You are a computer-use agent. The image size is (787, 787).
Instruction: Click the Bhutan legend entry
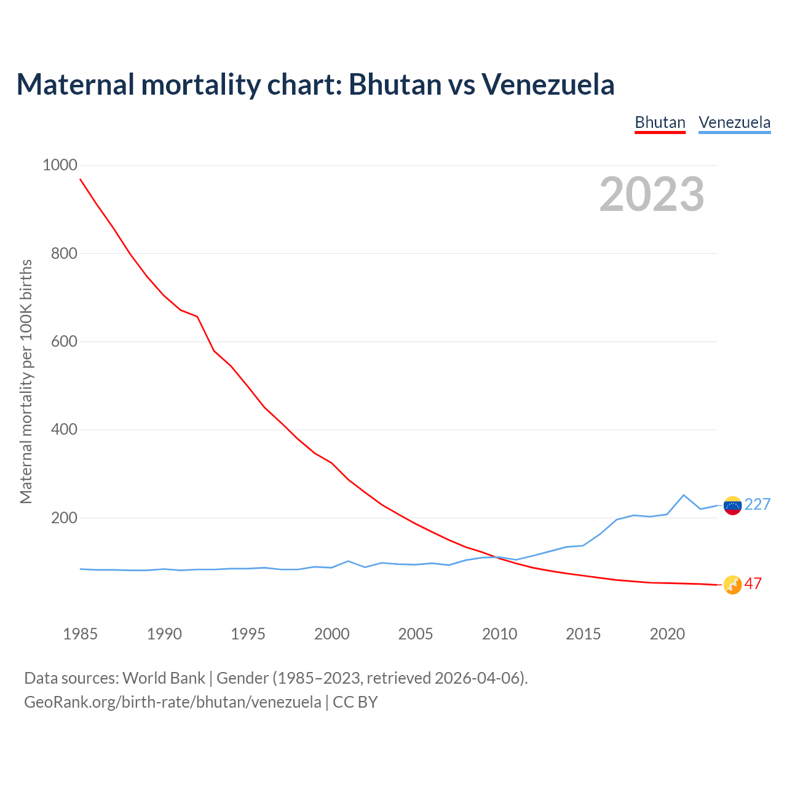(x=660, y=122)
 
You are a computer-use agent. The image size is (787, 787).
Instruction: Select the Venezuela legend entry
(x=734, y=122)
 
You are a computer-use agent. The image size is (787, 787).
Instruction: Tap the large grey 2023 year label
(x=652, y=194)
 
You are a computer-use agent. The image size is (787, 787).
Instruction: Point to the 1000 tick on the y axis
(x=60, y=165)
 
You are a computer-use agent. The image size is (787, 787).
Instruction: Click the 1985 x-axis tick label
(x=80, y=634)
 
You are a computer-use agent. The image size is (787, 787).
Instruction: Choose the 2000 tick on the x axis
(x=331, y=634)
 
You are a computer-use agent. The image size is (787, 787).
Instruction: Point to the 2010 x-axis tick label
(x=499, y=634)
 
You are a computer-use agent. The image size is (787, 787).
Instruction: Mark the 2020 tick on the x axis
(x=667, y=634)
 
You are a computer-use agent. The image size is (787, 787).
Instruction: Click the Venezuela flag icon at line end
(x=732, y=505)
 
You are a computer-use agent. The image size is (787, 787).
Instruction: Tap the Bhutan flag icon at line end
(x=732, y=585)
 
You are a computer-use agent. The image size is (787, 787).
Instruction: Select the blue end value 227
(x=757, y=505)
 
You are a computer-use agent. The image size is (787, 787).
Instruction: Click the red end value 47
(x=753, y=584)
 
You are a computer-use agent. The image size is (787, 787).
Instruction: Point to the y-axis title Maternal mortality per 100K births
(x=26, y=381)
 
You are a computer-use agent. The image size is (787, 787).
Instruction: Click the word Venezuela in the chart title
(x=548, y=84)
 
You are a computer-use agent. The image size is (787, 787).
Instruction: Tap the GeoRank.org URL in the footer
(x=172, y=702)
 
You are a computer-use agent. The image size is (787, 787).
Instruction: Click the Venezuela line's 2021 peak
(x=684, y=495)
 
